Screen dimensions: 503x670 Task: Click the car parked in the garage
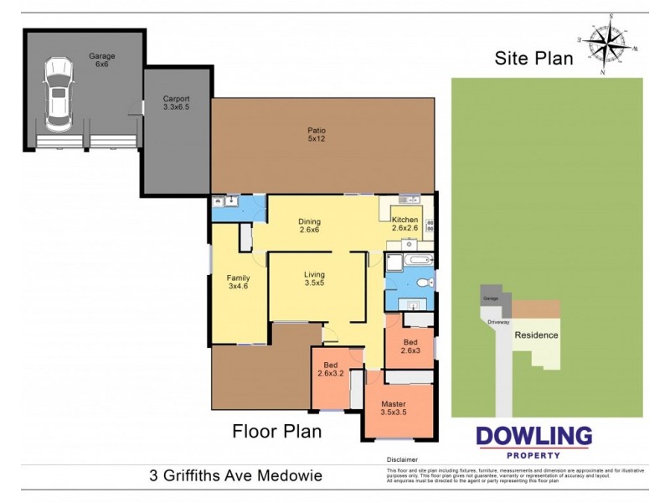point(57,94)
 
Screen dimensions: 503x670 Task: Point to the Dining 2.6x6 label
point(310,227)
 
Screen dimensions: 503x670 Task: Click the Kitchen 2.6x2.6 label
point(405,224)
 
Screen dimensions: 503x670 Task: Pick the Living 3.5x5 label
point(314,279)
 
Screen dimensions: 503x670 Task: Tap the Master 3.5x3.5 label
point(393,409)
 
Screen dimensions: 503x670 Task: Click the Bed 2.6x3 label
point(410,347)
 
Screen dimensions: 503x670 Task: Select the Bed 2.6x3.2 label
point(331,370)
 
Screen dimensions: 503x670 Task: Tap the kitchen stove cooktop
point(430,225)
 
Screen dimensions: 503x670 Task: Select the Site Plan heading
point(533,58)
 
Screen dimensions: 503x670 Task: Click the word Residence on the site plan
point(536,334)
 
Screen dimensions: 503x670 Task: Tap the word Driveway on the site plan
point(500,321)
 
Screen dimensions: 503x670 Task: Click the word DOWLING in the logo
point(533,437)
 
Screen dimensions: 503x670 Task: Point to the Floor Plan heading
point(276,432)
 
